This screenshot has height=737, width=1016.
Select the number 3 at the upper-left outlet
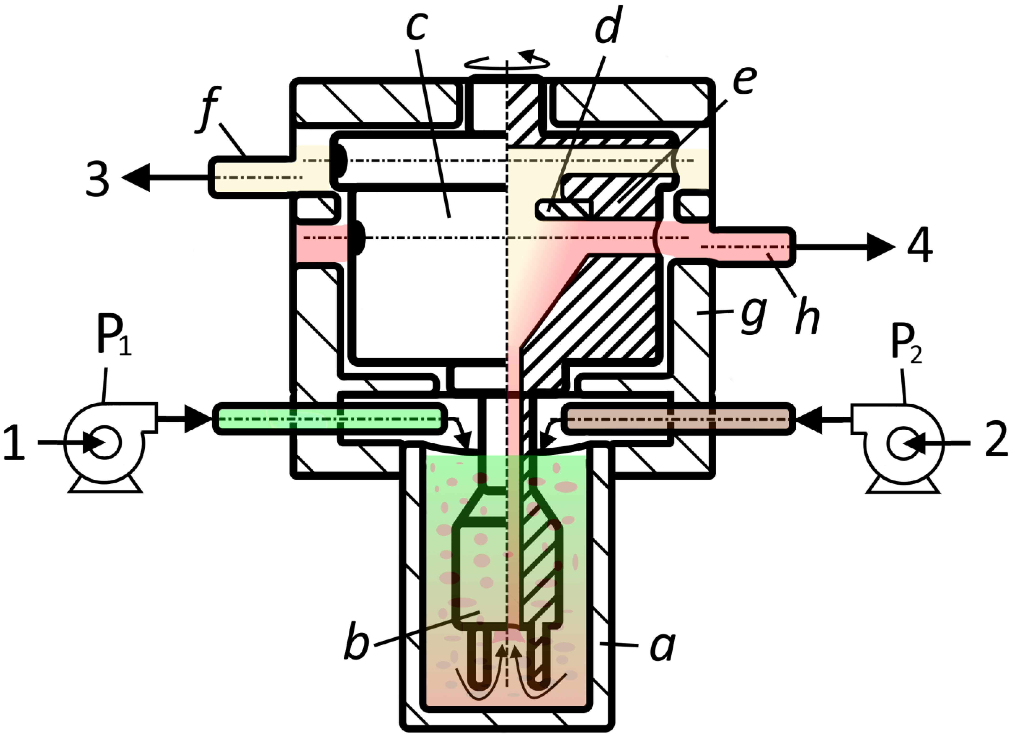tap(98, 179)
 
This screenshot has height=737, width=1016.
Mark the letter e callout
tap(745, 81)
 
